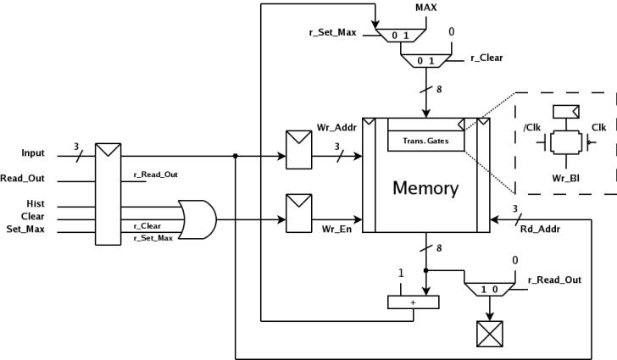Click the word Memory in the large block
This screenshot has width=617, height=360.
pyautogui.click(x=425, y=188)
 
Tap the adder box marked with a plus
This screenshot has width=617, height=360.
pyautogui.click(x=414, y=301)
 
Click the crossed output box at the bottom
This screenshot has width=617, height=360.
pyautogui.click(x=489, y=333)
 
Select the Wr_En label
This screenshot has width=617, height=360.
pyautogui.click(x=336, y=229)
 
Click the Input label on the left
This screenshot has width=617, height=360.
pyautogui.click(x=33, y=153)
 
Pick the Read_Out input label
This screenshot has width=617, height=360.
pyautogui.click(x=23, y=179)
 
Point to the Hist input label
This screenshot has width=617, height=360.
pyautogui.click(x=34, y=204)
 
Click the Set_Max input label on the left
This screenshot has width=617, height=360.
pyautogui.click(x=25, y=230)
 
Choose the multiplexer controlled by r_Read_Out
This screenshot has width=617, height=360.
pyautogui.click(x=489, y=289)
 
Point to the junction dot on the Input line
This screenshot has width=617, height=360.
pyautogui.click(x=235, y=156)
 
